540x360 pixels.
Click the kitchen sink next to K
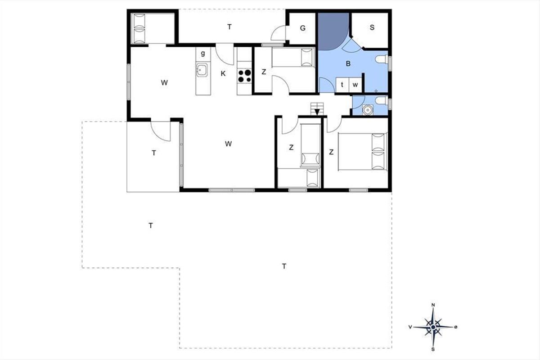coord(202,70)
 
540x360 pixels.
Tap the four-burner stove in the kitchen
coord(244,76)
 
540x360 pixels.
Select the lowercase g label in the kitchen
coord(203,53)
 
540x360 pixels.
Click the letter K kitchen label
coord(223,74)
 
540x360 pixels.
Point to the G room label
coord(302,28)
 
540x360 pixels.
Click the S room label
coord(372,27)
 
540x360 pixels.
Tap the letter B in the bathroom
coord(348,63)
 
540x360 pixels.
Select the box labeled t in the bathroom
coord(342,85)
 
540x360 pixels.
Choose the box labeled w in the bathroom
coord(355,85)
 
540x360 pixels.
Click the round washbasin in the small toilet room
coord(368,110)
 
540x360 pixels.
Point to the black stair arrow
coord(317,112)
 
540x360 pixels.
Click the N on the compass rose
coord(433,305)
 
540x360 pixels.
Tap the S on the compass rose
coord(433,349)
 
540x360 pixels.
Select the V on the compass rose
coord(410,327)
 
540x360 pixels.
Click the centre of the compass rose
coord(433,327)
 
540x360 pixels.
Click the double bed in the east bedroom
coord(362,152)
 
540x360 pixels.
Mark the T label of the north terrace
coord(229,27)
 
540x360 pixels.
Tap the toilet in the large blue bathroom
coord(382,59)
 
